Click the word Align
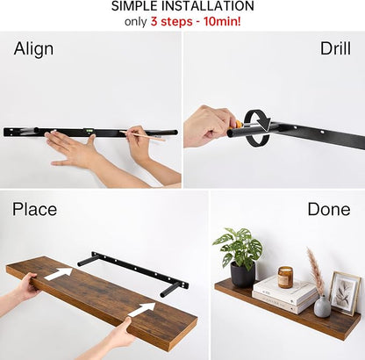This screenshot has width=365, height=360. point(33,49)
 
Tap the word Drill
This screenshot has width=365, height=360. point(335,48)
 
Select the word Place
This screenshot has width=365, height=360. point(34,209)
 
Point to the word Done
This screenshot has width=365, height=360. point(329,209)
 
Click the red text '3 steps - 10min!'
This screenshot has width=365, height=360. point(196,21)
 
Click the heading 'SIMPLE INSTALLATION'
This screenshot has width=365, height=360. point(182,6)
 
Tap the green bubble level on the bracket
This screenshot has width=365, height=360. point(89,131)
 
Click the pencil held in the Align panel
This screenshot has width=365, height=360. point(142,136)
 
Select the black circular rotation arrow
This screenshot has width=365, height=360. point(257,127)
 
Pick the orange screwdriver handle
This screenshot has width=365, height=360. point(239,124)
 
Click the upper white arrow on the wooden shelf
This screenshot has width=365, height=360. point(58,273)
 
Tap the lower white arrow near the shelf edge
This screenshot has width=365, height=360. point(141,309)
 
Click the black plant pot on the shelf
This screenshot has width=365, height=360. point(243,274)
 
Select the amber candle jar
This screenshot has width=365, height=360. point(285,277)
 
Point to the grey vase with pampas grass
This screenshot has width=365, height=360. point(322,306)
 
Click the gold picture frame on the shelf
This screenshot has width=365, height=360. point(345,293)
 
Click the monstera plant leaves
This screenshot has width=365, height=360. point(239,245)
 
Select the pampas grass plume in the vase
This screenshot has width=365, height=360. point(315,270)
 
